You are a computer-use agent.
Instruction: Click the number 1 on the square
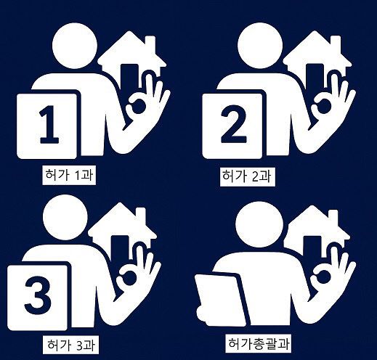[x=48, y=125]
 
